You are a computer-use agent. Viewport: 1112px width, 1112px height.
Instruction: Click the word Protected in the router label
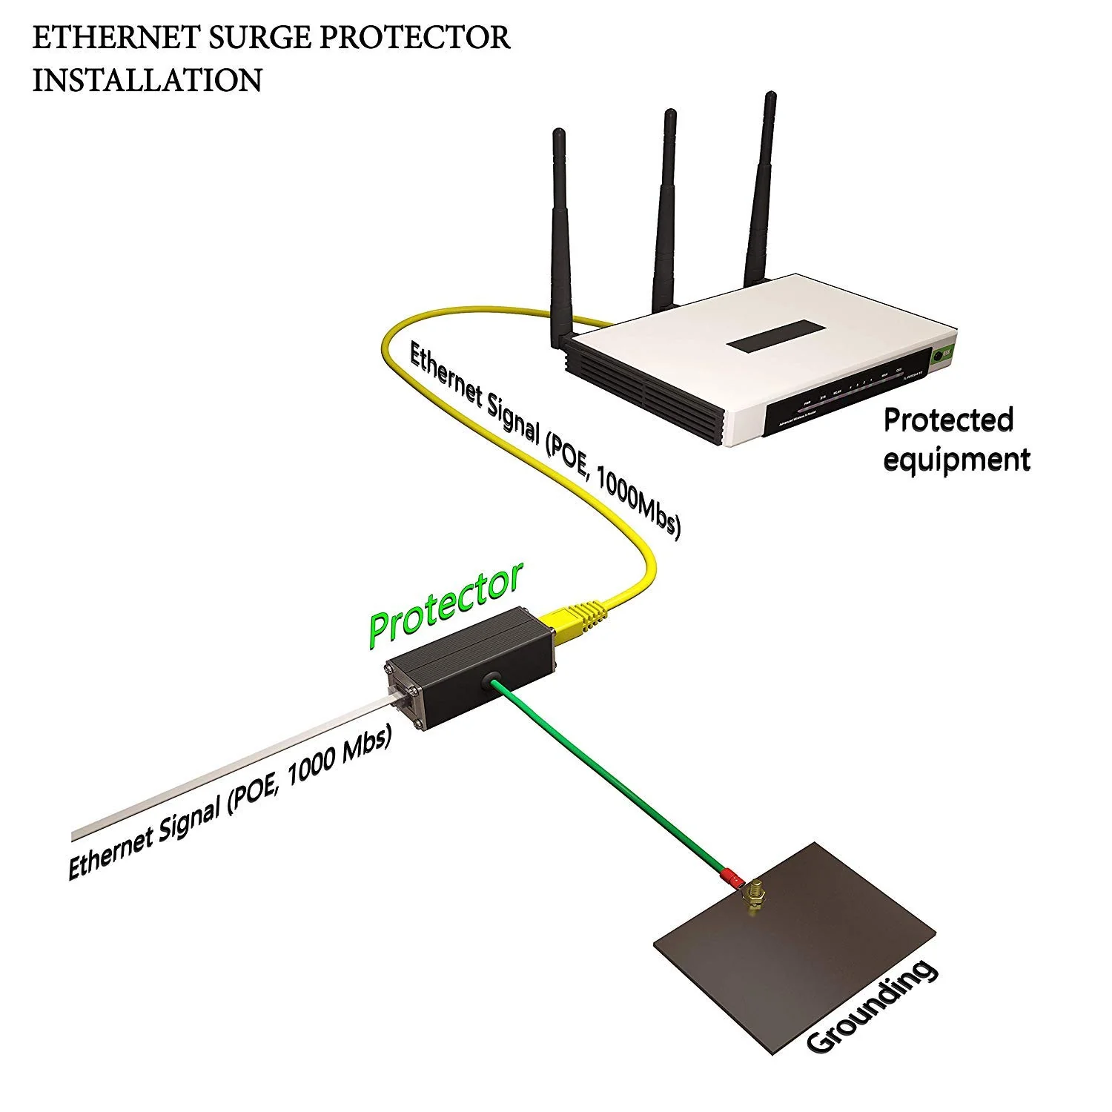point(947,420)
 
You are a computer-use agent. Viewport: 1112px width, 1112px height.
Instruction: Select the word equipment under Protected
point(956,460)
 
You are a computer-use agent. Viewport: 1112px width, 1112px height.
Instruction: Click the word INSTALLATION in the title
point(147,80)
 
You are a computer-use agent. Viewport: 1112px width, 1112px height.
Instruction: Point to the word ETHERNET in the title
point(114,38)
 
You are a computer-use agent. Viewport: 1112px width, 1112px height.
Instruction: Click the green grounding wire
point(608,778)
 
